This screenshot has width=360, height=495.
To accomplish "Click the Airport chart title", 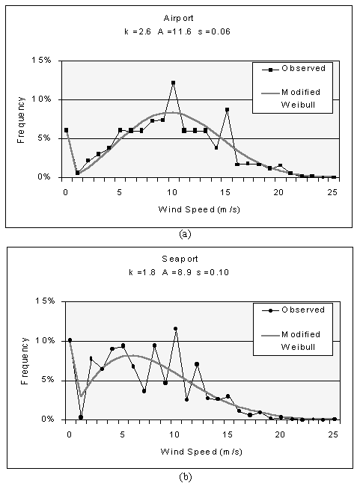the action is [x=178, y=18].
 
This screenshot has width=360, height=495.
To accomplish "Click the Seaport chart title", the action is [x=180, y=259].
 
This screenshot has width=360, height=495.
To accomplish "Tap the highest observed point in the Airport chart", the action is [x=173, y=83].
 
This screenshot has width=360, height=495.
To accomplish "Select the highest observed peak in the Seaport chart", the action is [x=176, y=329].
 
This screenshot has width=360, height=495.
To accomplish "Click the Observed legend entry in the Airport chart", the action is [x=293, y=69].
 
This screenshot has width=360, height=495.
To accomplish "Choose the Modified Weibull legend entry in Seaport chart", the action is [x=291, y=341].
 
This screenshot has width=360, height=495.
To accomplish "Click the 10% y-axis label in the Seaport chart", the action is [x=44, y=341].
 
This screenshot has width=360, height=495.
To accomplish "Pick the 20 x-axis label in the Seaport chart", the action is [x=280, y=434].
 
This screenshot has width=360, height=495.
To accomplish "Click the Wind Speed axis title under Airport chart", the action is [x=199, y=209].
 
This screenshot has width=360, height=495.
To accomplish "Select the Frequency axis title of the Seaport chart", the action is [x=25, y=361].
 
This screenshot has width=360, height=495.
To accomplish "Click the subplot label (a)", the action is [x=185, y=234].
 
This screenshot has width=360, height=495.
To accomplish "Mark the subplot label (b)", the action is [x=185, y=477].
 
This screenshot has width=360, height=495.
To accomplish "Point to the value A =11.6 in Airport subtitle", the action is [x=174, y=31].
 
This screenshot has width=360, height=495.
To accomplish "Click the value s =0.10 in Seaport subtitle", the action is [x=213, y=272].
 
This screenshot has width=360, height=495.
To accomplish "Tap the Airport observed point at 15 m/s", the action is [x=227, y=110].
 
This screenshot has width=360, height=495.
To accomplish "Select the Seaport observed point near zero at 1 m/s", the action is [x=81, y=417].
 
